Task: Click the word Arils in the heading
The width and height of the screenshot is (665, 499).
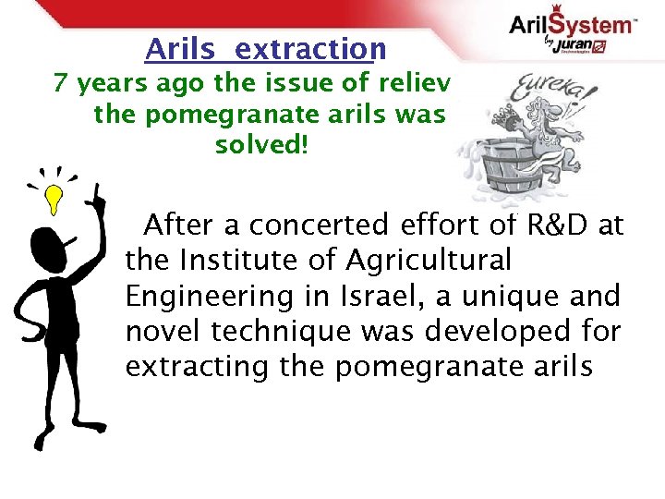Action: pyautogui.click(x=179, y=48)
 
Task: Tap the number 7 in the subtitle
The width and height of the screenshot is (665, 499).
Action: pyautogui.click(x=61, y=84)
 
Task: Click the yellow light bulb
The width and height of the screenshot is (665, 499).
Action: pyautogui.click(x=54, y=196)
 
